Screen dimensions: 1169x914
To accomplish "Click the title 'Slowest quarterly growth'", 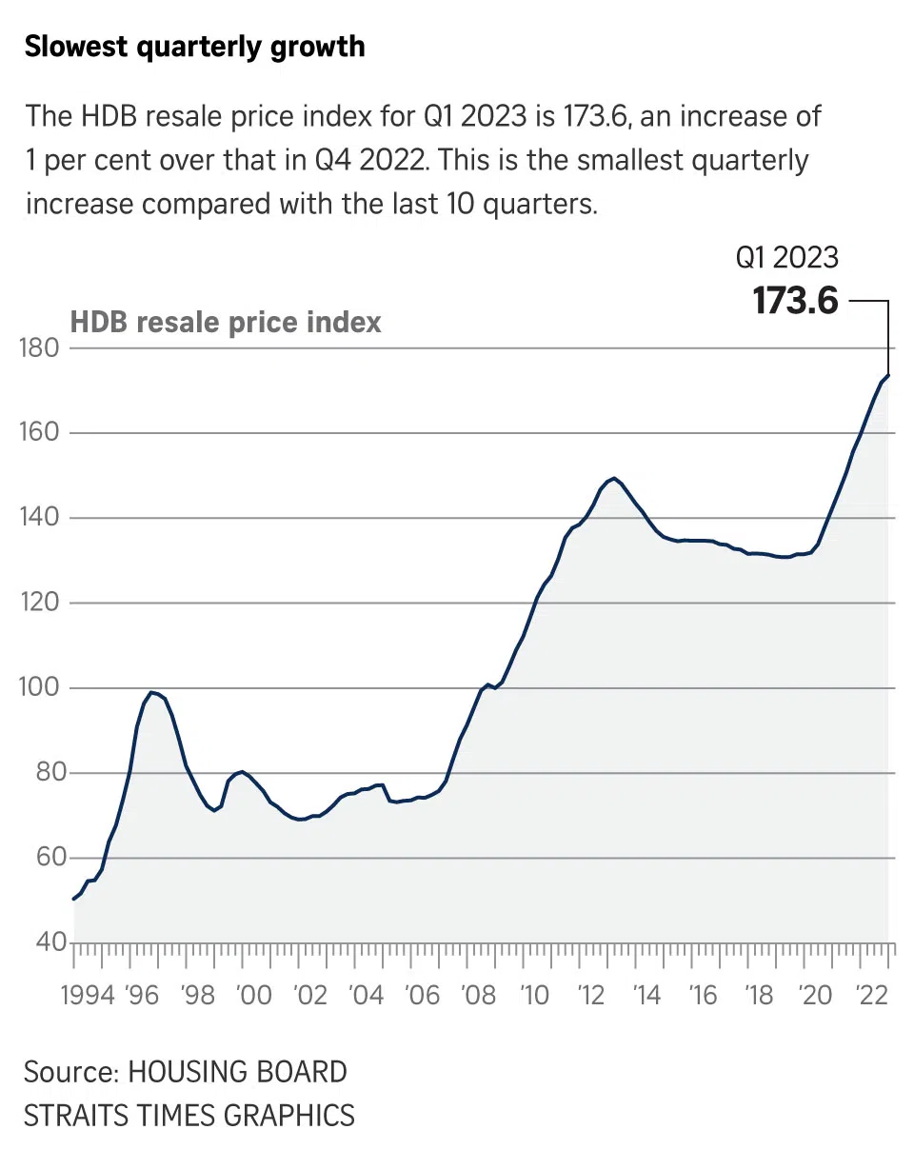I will tap(194, 47).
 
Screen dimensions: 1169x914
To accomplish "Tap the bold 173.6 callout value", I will tap(795, 301).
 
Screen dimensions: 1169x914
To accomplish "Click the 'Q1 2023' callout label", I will tap(786, 257).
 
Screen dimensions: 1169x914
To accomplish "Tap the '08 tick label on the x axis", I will tap(477, 997).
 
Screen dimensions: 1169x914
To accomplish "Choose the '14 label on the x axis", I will tap(646, 997).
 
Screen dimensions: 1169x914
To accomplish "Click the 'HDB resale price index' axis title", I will tap(226, 322).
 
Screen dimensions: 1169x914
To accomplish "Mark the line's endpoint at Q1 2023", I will tap(888, 375).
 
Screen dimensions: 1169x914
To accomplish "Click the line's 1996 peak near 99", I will tap(151, 692).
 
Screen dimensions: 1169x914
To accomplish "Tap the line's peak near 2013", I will tap(614, 478).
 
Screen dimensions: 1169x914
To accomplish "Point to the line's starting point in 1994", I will tap(74, 899).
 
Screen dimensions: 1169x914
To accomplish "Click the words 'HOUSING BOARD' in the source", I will tap(237, 1072).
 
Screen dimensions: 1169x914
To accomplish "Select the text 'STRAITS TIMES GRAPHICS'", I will tap(189, 1115).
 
